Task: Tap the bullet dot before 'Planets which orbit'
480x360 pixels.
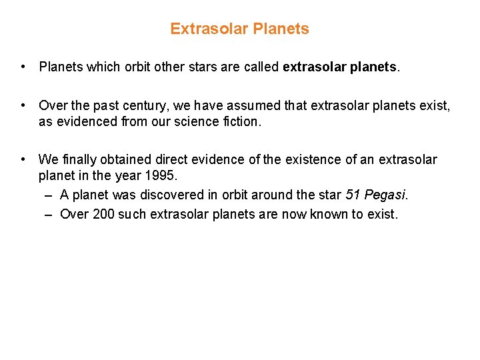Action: (x=23, y=67)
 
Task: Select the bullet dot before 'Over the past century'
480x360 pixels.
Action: (x=23, y=105)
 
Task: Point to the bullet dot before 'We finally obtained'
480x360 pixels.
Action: (x=23, y=159)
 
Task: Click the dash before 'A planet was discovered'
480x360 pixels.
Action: (x=50, y=195)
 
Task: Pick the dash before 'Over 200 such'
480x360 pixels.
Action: (x=50, y=214)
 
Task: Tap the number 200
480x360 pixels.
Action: (x=103, y=214)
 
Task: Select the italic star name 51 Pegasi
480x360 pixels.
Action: (x=376, y=195)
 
